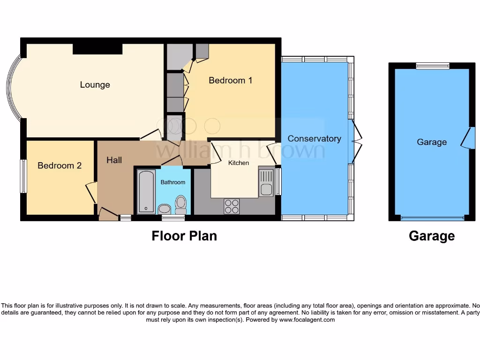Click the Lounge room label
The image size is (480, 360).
pyautogui.click(x=95, y=85)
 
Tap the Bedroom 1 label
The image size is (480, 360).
pyautogui.click(x=230, y=81)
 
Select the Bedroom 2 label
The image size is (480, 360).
pyautogui.click(x=60, y=165)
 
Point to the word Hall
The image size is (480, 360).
pyautogui.click(x=114, y=160)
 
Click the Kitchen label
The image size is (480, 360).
pyautogui.click(x=239, y=163)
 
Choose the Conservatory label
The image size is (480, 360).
pyautogui.click(x=314, y=139)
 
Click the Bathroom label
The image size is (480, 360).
pyautogui.click(x=173, y=182)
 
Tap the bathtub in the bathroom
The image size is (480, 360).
pyautogui.click(x=146, y=192)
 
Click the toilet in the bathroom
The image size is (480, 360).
pyautogui.click(x=180, y=204)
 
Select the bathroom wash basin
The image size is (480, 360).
pyautogui.click(x=165, y=209)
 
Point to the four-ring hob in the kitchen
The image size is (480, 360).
pyautogui.click(x=232, y=206)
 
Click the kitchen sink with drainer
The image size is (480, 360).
pyautogui.click(x=266, y=183)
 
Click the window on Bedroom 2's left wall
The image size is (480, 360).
pyautogui.click(x=23, y=176)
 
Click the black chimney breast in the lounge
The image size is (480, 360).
pyautogui.click(x=97, y=49)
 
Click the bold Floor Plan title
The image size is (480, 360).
pyautogui.click(x=184, y=236)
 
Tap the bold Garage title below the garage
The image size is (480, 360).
pyautogui.click(x=431, y=236)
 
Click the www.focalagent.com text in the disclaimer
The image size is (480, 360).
pyautogui.click(x=307, y=320)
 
